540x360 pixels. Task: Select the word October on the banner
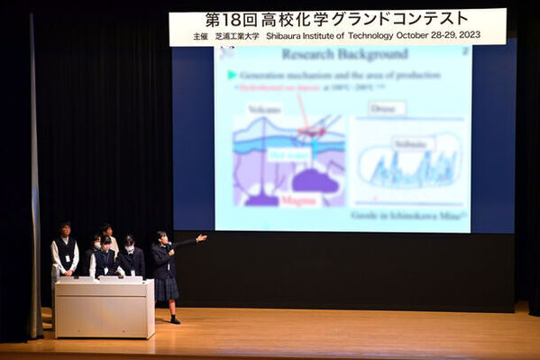click(x=416, y=37)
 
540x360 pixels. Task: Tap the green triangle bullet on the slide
click(x=232, y=75)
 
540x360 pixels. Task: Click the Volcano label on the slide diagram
click(x=264, y=109)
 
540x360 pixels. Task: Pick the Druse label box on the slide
click(x=388, y=108)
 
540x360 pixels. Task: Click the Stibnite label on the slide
click(x=412, y=143)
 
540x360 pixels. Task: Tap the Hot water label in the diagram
click(x=288, y=154)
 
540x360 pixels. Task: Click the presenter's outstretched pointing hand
click(x=202, y=238)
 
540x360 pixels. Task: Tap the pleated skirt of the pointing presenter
click(x=166, y=288)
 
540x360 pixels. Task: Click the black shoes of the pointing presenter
click(x=175, y=319)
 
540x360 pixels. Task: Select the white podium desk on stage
click(x=104, y=309)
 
